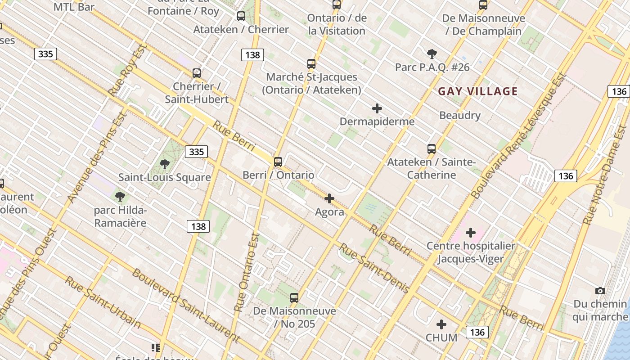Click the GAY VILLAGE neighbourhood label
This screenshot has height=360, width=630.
pyautogui.click(x=478, y=91)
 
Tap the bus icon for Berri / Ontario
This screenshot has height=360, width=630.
pyautogui.click(x=278, y=162)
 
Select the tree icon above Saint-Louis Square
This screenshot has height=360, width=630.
pyautogui.click(x=165, y=164)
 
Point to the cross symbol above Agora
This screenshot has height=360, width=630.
pyautogui.click(x=329, y=198)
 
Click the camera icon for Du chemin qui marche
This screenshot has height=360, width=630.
pyautogui.click(x=600, y=291)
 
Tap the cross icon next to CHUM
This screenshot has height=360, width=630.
pyautogui.click(x=441, y=324)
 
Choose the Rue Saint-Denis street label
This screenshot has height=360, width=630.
pyautogui.click(x=374, y=268)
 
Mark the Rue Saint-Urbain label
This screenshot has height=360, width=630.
pyautogui.click(x=103, y=302)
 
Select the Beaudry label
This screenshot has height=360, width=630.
pyautogui.click(x=460, y=115)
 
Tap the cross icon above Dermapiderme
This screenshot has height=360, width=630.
pyautogui.click(x=377, y=108)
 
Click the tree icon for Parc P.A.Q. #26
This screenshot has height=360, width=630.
pyautogui.click(x=432, y=54)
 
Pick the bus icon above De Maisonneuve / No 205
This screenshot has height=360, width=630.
pyautogui.click(x=294, y=297)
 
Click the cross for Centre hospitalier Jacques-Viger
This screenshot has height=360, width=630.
pyautogui.click(x=470, y=233)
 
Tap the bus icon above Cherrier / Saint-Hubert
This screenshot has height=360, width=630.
pyautogui.click(x=197, y=73)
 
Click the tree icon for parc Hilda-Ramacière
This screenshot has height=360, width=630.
pyautogui.click(x=120, y=197)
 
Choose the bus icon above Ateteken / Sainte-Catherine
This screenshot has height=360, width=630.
pyautogui.click(x=432, y=149)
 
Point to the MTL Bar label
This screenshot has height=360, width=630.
pyautogui.click(x=74, y=7)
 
